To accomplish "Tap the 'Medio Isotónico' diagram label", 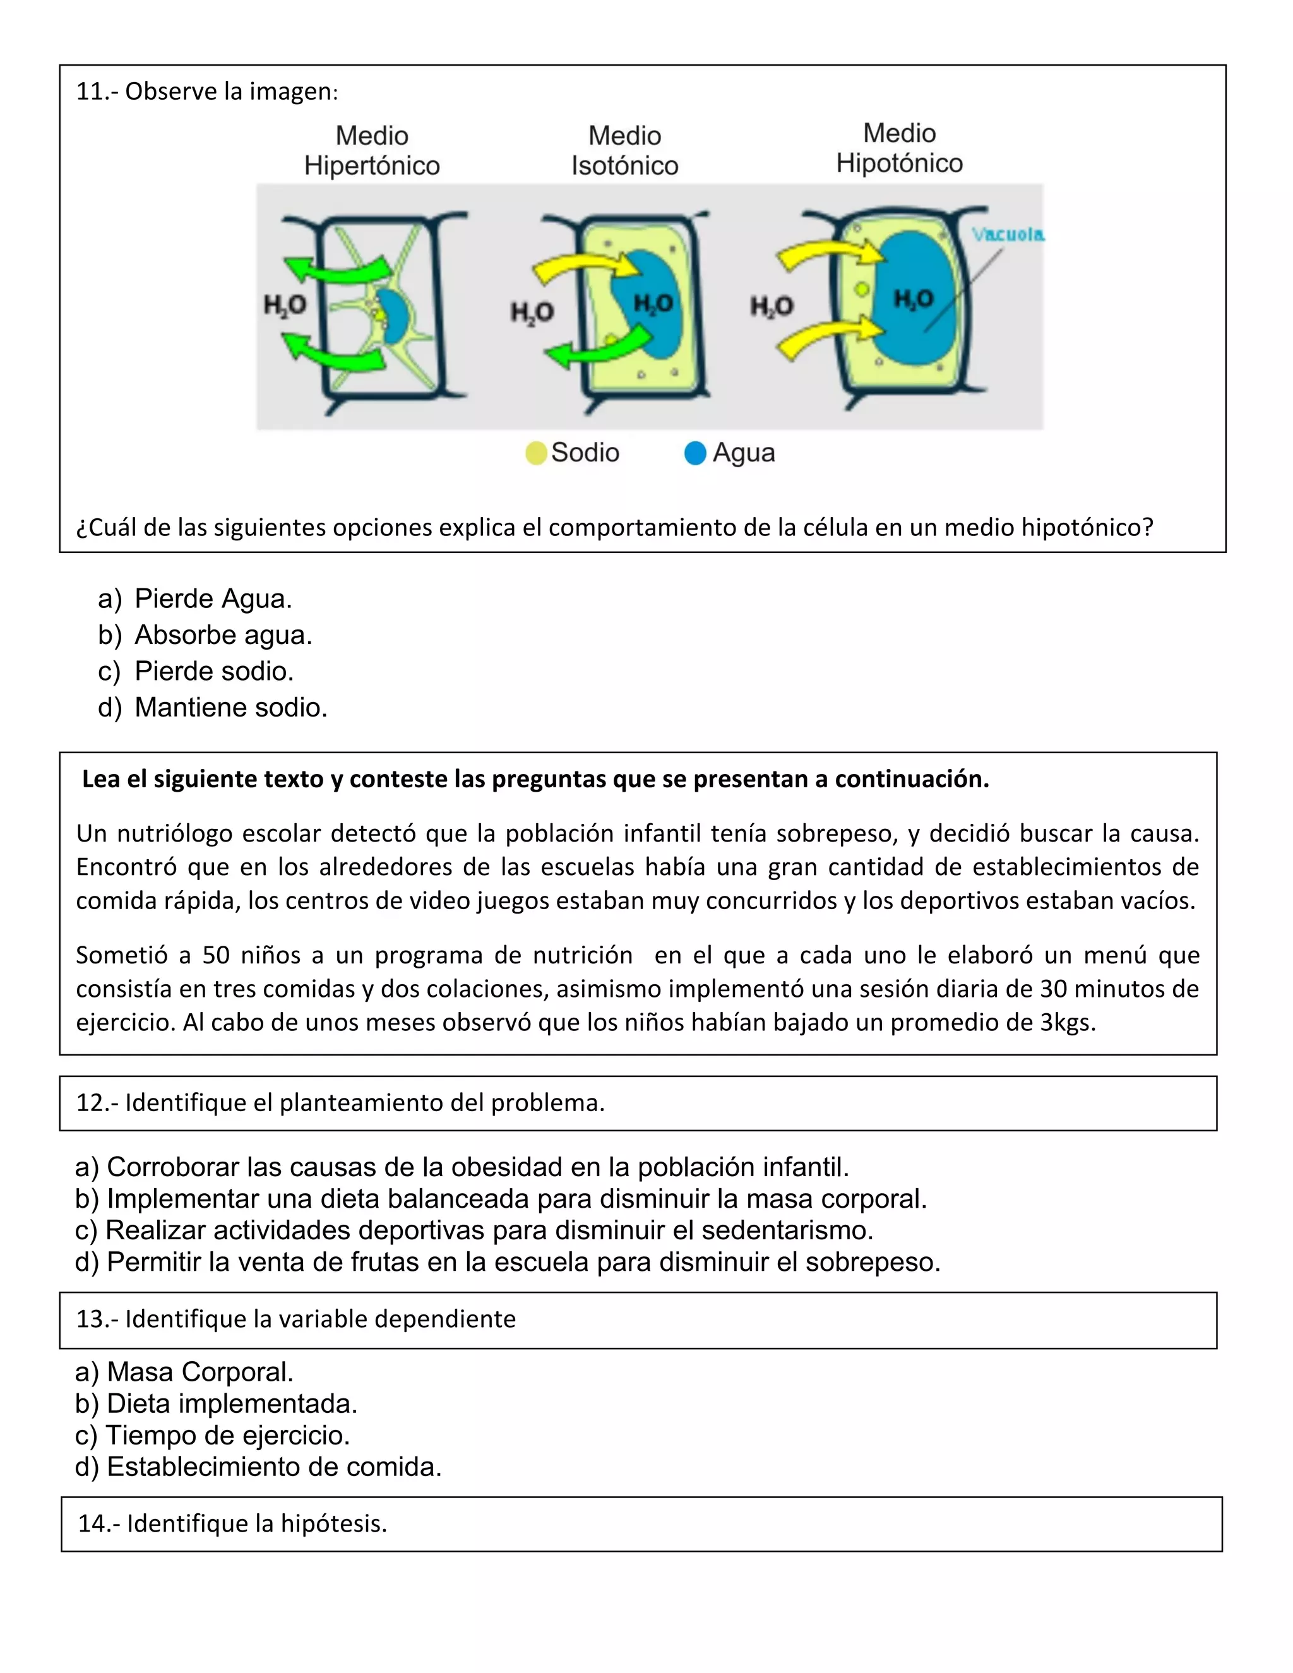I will click(624, 150).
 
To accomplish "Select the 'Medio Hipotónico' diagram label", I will click(899, 148).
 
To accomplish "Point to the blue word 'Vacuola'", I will click(1007, 234).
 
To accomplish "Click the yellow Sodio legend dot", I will click(536, 453).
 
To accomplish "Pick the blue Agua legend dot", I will click(694, 453).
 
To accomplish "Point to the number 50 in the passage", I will click(216, 955).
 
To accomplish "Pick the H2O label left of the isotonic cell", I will click(532, 312).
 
